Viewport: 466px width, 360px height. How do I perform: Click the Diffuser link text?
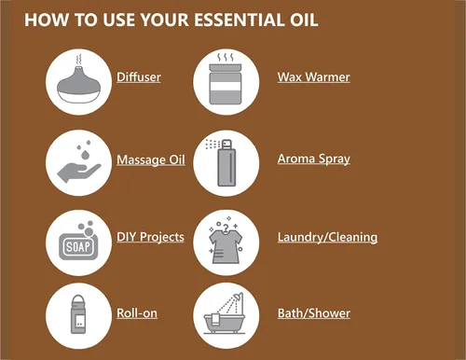139,77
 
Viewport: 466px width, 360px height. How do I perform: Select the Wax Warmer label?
314,77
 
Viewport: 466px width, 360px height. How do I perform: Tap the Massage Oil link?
151,160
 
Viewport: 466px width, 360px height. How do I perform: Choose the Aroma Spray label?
314,159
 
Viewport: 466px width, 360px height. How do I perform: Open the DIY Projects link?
150,237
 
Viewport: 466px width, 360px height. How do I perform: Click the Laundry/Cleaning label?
327,238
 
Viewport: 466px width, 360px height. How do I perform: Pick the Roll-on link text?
137,313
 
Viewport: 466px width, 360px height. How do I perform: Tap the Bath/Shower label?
314,313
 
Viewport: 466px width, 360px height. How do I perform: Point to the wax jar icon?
226,79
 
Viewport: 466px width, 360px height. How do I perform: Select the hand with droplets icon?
79,163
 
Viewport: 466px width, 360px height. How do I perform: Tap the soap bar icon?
79,242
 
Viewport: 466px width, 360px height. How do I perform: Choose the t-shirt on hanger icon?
226,243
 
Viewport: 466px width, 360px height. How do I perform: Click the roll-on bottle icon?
78,314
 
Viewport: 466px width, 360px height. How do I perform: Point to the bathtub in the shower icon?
225,324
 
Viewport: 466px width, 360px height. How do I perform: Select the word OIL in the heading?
304,20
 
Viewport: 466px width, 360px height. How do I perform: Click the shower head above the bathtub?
239,297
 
